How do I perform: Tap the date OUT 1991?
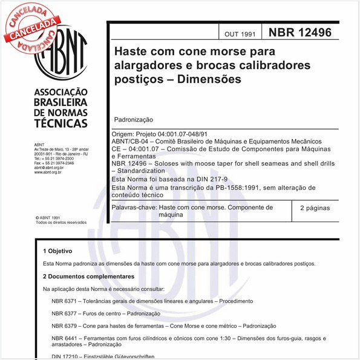(x=240, y=34)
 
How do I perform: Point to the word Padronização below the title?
(x=133, y=120)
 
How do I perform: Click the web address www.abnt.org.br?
(x=48, y=172)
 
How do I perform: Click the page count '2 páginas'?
(x=315, y=208)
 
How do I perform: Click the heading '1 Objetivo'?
(x=57, y=251)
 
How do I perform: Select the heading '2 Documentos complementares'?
(x=88, y=276)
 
